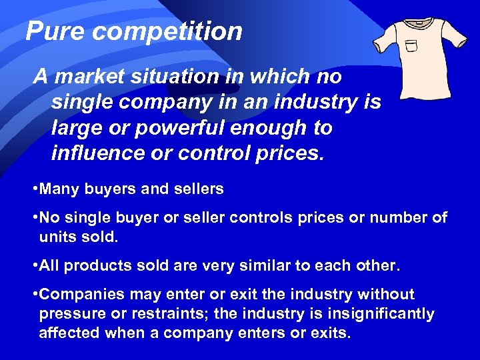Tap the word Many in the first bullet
pyautogui.click(x=59, y=189)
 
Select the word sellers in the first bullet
pyautogui.click(x=198, y=189)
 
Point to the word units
pyautogui.click(x=55, y=237)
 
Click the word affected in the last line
pyautogui.click(x=67, y=333)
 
